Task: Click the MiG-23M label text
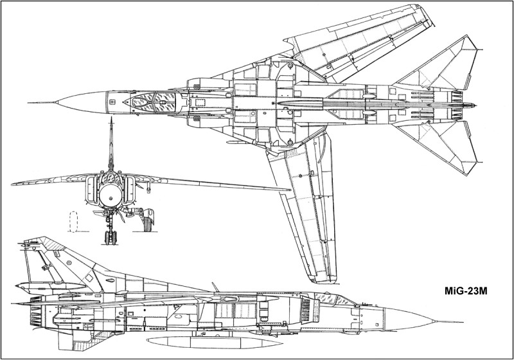466,291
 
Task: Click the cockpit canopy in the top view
152,102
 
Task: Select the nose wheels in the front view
111,237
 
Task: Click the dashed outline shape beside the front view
73,222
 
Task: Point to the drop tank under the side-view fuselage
215,342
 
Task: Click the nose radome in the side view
410,318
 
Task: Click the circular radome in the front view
111,195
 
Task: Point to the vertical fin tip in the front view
111,118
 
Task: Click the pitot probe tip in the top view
29,103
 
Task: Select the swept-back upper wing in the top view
357,42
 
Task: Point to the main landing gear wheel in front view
148,223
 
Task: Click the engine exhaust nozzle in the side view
36,315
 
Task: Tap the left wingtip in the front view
13,184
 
